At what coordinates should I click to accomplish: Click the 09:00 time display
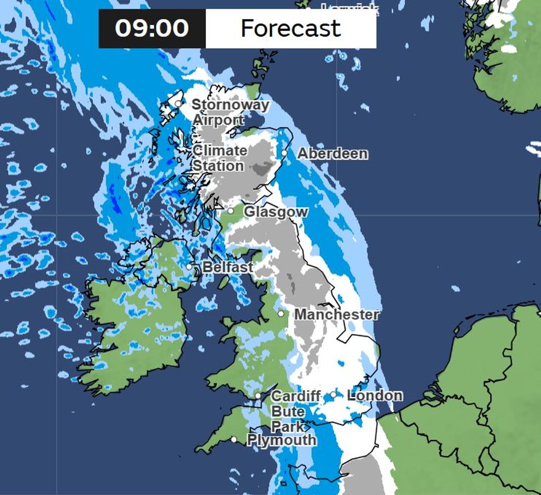pyautogui.click(x=151, y=28)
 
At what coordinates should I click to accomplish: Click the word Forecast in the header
pyautogui.click(x=291, y=28)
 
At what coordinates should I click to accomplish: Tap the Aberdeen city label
pyautogui.click(x=333, y=154)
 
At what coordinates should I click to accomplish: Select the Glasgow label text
pyautogui.click(x=276, y=212)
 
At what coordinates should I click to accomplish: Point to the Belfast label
pyautogui.click(x=228, y=267)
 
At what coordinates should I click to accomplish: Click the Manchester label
pyautogui.click(x=336, y=314)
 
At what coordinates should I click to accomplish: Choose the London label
pyautogui.click(x=375, y=395)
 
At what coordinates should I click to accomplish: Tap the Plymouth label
pyautogui.click(x=282, y=440)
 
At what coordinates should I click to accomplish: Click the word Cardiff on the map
pyautogui.click(x=296, y=396)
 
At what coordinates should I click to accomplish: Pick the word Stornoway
pyautogui.click(x=230, y=105)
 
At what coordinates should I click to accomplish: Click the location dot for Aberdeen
pyautogui.click(x=284, y=153)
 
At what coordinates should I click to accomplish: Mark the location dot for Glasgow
pyautogui.click(x=230, y=211)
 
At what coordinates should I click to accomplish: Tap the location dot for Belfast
pyautogui.click(x=189, y=266)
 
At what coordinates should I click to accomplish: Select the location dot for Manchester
pyautogui.click(x=281, y=313)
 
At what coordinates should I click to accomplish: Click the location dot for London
pyautogui.click(x=333, y=395)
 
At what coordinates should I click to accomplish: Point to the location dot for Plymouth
pyautogui.click(x=234, y=439)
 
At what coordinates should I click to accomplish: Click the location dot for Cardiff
pyautogui.click(x=257, y=396)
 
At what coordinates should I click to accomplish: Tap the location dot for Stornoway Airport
pyautogui.click(x=178, y=104)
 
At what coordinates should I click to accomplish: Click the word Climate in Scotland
pyautogui.click(x=220, y=151)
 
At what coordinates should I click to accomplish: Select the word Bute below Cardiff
pyautogui.click(x=288, y=412)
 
